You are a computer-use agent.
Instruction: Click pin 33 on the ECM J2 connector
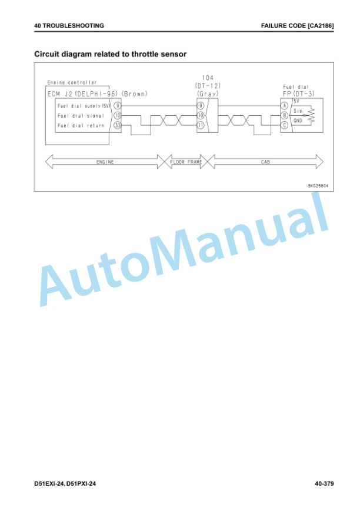[117, 125]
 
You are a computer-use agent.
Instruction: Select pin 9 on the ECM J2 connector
[117, 106]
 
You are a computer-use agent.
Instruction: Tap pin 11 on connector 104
[201, 125]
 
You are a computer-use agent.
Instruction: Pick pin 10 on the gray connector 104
[201, 115]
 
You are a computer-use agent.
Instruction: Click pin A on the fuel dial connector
[285, 106]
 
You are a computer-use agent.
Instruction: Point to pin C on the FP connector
[285, 125]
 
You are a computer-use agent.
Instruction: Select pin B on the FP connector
[285, 115]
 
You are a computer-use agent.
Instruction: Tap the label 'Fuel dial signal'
[81, 116]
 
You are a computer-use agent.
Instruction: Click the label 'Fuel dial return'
[81, 125]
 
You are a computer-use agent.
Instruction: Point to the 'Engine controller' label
[72, 83]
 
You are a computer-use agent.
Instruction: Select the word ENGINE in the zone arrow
[105, 162]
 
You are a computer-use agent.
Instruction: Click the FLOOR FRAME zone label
[186, 162]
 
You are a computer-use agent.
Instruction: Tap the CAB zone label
[265, 162]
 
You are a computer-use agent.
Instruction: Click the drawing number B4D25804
[318, 186]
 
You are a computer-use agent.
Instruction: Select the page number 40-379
[324, 484]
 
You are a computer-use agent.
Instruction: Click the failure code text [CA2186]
[321, 26]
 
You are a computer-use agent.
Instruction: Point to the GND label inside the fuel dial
[298, 121]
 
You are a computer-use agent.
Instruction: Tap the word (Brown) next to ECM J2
[135, 94]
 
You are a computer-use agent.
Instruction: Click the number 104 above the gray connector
[208, 78]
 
